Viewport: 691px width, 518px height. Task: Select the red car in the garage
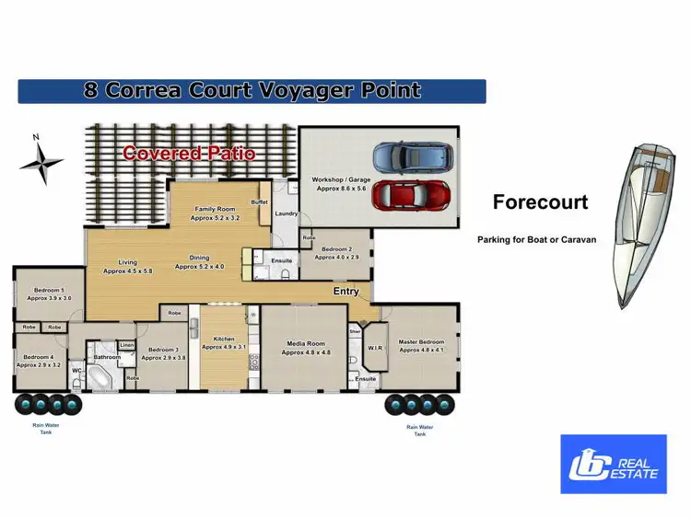click(412, 195)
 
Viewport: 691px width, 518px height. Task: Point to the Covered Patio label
click(189, 154)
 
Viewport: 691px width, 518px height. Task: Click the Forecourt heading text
click(540, 202)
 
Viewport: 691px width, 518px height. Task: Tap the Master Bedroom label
click(422, 345)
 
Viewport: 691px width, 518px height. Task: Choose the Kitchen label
click(224, 343)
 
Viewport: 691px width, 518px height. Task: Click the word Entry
click(346, 292)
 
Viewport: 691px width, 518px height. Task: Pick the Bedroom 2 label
click(336, 253)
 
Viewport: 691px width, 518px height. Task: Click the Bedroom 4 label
click(39, 361)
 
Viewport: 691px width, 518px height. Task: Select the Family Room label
click(215, 214)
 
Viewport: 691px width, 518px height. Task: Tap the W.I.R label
click(375, 349)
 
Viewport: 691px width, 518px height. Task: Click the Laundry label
click(286, 214)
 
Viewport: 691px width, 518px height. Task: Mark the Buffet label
click(259, 202)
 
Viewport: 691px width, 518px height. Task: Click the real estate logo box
click(614, 464)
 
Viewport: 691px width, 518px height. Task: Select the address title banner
click(252, 90)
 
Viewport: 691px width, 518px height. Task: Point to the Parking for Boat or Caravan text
click(536, 239)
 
